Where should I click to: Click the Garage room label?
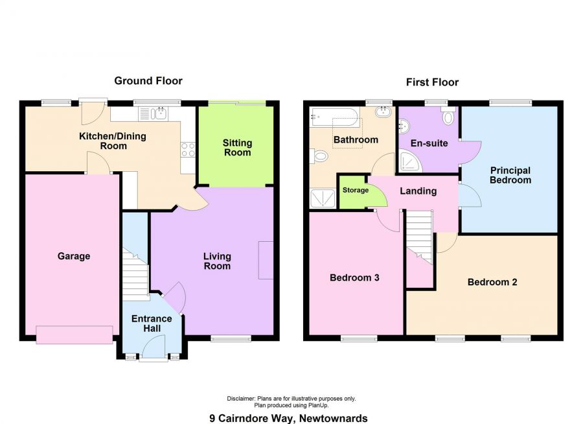point(74,256)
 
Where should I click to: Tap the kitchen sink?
point(153,113)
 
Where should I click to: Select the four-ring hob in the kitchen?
point(188,150)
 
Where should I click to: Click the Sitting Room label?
point(237,148)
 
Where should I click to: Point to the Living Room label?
point(217,261)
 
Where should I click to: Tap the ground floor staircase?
point(136,275)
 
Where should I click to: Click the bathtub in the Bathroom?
point(334,117)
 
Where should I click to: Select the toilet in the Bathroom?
point(319,156)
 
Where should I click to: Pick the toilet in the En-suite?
point(448,116)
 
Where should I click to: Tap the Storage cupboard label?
point(356,190)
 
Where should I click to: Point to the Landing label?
point(418,191)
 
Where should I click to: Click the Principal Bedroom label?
point(510,175)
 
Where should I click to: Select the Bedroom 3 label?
point(354,277)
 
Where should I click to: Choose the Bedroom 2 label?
point(492,282)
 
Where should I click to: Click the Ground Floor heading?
point(148,81)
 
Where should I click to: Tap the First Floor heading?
point(432,82)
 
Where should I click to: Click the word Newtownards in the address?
point(334,418)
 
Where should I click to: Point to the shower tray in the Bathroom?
point(323,198)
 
